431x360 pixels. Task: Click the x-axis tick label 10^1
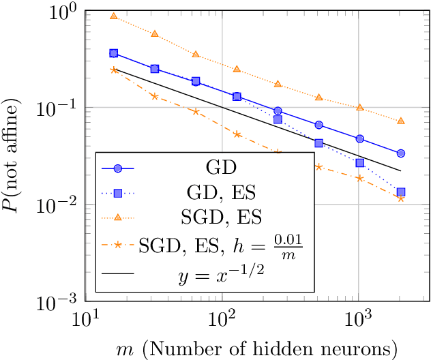(87, 318)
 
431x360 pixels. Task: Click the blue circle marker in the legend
(118, 168)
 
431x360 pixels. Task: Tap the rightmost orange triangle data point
(401, 121)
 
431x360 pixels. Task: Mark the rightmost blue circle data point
(401, 153)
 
